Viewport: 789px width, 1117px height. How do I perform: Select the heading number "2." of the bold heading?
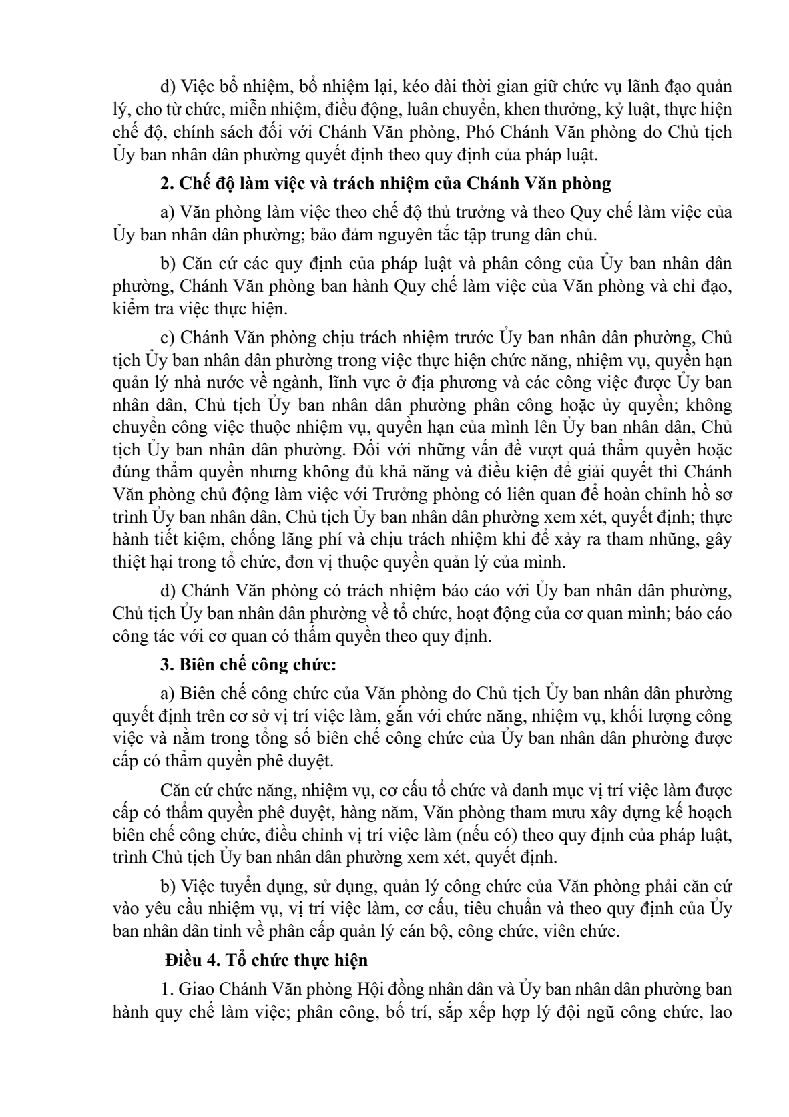click(x=168, y=183)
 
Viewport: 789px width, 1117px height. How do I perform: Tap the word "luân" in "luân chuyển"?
click(x=421, y=109)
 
